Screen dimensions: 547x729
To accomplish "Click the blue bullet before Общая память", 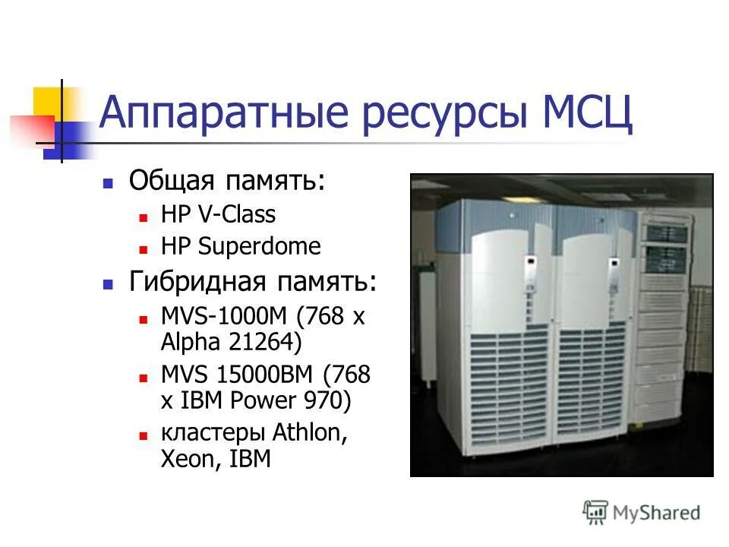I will [109, 183].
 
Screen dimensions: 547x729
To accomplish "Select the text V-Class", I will [237, 215].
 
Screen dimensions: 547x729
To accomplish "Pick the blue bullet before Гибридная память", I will [109, 285].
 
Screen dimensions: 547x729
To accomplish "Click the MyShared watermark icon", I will [596, 513].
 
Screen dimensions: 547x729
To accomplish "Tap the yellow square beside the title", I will [48, 102].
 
